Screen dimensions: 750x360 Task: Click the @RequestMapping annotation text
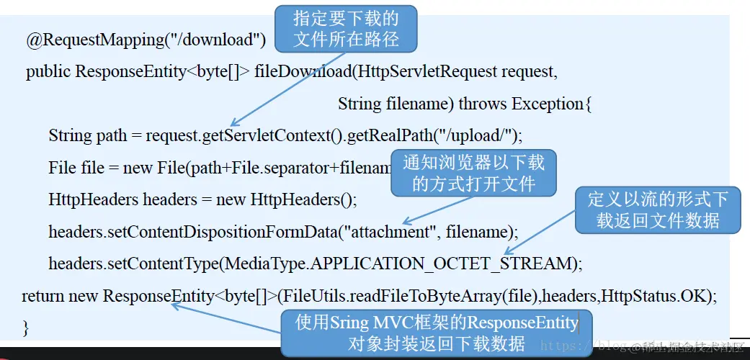tap(94, 40)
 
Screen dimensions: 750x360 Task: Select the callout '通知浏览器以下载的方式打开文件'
tap(473, 173)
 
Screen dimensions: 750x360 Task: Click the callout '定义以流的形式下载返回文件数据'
tap(658, 210)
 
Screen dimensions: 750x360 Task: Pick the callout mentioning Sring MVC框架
tap(437, 333)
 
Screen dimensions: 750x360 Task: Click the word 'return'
tap(43, 295)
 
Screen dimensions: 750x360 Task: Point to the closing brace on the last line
tap(26, 328)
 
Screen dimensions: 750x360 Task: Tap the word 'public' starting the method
tap(48, 72)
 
